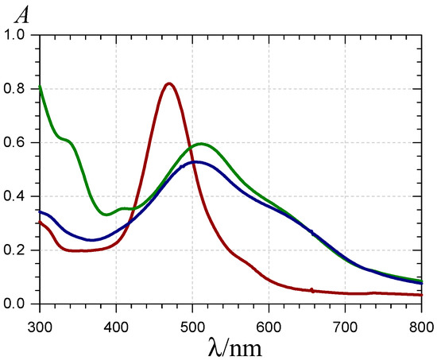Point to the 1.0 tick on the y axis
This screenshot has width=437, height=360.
[x=18, y=35]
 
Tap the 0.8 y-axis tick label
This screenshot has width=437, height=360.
[x=18, y=89]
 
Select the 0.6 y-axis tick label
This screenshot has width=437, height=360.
[x=18, y=143]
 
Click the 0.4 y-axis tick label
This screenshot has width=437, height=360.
[x=18, y=196]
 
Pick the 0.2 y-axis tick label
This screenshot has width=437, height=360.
[x=18, y=250]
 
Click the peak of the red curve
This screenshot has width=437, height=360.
[x=168, y=83]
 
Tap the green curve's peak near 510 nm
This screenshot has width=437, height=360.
[x=201, y=144]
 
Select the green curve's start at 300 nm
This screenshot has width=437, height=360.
[x=41, y=87]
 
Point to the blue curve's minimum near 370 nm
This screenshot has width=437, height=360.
[x=93, y=240]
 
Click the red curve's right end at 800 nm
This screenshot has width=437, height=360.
[x=421, y=295]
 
